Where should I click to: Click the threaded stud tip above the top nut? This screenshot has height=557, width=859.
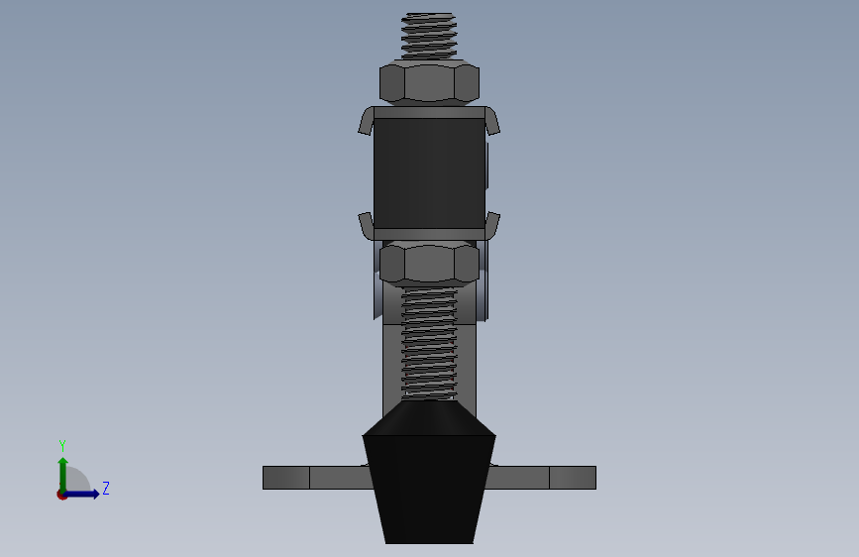coord(429,35)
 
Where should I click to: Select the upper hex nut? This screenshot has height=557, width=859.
coord(429,82)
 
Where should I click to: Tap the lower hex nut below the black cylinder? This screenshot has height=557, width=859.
coord(429,265)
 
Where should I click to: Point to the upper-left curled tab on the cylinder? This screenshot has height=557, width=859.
coord(367,121)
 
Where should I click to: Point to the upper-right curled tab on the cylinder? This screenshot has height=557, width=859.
coord(491,121)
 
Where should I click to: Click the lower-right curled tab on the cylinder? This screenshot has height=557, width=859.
coord(492,225)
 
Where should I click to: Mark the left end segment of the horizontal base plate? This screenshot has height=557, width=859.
coord(286,478)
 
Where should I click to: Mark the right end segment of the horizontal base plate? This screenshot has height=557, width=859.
coord(573,478)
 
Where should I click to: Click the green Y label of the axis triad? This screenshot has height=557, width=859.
coord(62,446)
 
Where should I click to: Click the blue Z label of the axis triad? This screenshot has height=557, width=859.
coord(106,489)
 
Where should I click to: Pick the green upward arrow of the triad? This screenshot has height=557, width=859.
coord(62,470)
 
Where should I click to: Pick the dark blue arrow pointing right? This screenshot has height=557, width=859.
coord(83,494)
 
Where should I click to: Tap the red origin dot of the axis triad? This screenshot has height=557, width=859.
coord(61,495)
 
